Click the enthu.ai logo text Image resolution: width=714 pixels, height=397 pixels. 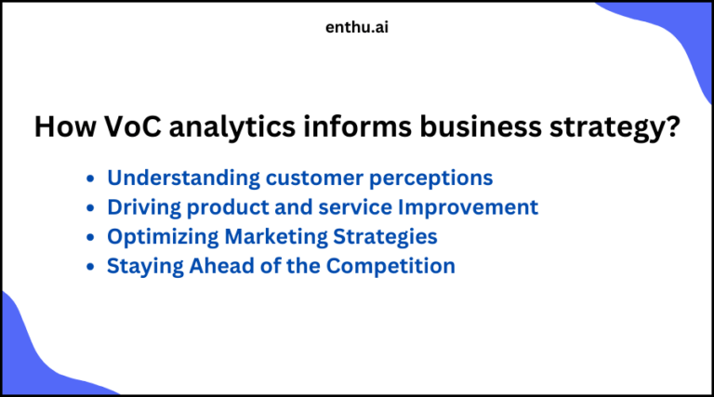click(358, 28)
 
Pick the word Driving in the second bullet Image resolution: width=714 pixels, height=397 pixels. click(140, 207)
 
